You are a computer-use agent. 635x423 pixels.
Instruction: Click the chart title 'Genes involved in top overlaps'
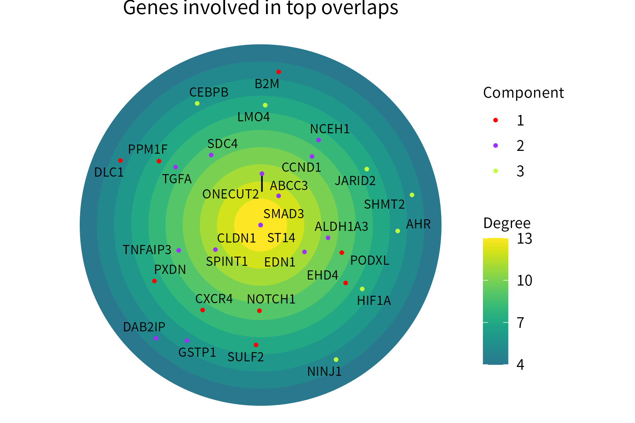pos(260,8)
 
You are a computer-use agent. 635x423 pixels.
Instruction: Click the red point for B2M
pos(279,72)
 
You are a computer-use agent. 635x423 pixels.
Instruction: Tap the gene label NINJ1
pos(324,372)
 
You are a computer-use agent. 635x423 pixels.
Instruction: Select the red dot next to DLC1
pos(120,160)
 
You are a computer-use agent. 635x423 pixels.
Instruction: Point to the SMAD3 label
pos(284,214)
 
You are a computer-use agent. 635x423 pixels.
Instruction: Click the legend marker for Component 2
pos(495,146)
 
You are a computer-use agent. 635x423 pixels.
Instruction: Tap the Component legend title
pos(523,93)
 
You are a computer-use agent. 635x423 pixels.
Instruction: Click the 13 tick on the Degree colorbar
pos(524,239)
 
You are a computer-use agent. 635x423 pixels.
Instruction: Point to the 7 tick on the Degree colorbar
pos(520,323)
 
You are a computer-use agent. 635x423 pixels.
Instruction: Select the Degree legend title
pos(507,223)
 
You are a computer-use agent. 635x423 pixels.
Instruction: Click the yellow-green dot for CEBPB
pos(197,103)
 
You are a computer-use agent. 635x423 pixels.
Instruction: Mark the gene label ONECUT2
pos(230,194)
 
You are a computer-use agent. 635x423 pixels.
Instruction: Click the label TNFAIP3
pos(147,250)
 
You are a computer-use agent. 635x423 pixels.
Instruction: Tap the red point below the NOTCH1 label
pos(259,311)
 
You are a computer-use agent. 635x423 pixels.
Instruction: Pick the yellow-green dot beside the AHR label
pos(398,231)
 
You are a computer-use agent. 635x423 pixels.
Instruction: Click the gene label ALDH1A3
pos(341,227)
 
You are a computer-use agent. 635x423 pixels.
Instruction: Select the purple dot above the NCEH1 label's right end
pos(319,140)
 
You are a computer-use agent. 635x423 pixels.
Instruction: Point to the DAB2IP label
pos(144,327)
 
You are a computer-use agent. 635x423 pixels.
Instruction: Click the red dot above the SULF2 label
pos(256,345)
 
